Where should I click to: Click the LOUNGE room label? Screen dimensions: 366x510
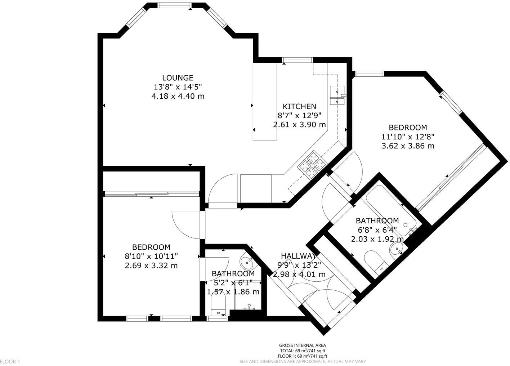pos(178,77)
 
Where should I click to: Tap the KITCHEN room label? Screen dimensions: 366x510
pos(299,106)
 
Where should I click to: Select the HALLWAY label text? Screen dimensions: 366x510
pos(299,256)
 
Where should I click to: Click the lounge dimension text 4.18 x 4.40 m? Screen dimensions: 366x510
pos(178,96)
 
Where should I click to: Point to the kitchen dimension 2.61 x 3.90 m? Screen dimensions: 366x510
pos(299,125)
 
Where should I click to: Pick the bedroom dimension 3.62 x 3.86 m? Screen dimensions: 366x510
pos(408,146)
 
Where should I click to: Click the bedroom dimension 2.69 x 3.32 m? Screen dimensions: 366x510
pos(151,265)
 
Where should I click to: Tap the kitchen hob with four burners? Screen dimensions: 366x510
pos(311,165)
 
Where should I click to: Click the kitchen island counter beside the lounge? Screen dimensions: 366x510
pos(265,102)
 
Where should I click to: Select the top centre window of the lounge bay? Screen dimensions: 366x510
pos(175,5)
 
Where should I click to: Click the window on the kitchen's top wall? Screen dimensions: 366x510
pos(297,60)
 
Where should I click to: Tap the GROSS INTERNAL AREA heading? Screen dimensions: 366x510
pos(303,345)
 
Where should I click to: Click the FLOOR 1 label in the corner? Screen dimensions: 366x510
pos(10,361)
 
